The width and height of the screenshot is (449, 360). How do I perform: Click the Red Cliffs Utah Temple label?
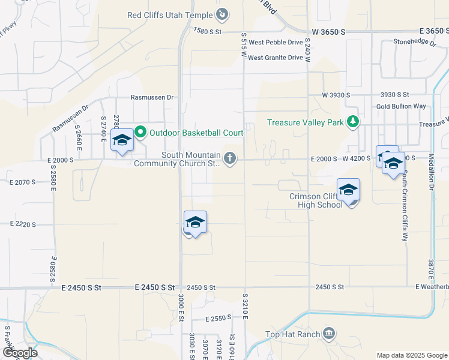[x=170, y=14]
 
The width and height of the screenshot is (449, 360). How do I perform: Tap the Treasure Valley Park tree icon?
[x=354, y=122]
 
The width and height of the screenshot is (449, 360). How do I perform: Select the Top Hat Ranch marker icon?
[x=328, y=334]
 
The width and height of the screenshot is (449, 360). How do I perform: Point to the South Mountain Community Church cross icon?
[x=229, y=158]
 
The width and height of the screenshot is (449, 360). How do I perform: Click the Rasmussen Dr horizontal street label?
[x=152, y=97]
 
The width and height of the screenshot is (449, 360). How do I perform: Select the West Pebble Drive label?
[x=276, y=43]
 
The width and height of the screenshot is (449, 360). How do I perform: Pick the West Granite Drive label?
[x=276, y=58]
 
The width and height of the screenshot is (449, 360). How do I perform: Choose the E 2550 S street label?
[x=218, y=319]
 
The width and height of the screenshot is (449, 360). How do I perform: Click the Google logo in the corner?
[x=20, y=352]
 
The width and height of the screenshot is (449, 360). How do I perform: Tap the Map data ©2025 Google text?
[x=411, y=355]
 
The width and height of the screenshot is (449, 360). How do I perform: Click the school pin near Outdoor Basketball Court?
[x=122, y=140]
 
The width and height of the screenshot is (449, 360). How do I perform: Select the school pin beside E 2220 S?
[x=195, y=223]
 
